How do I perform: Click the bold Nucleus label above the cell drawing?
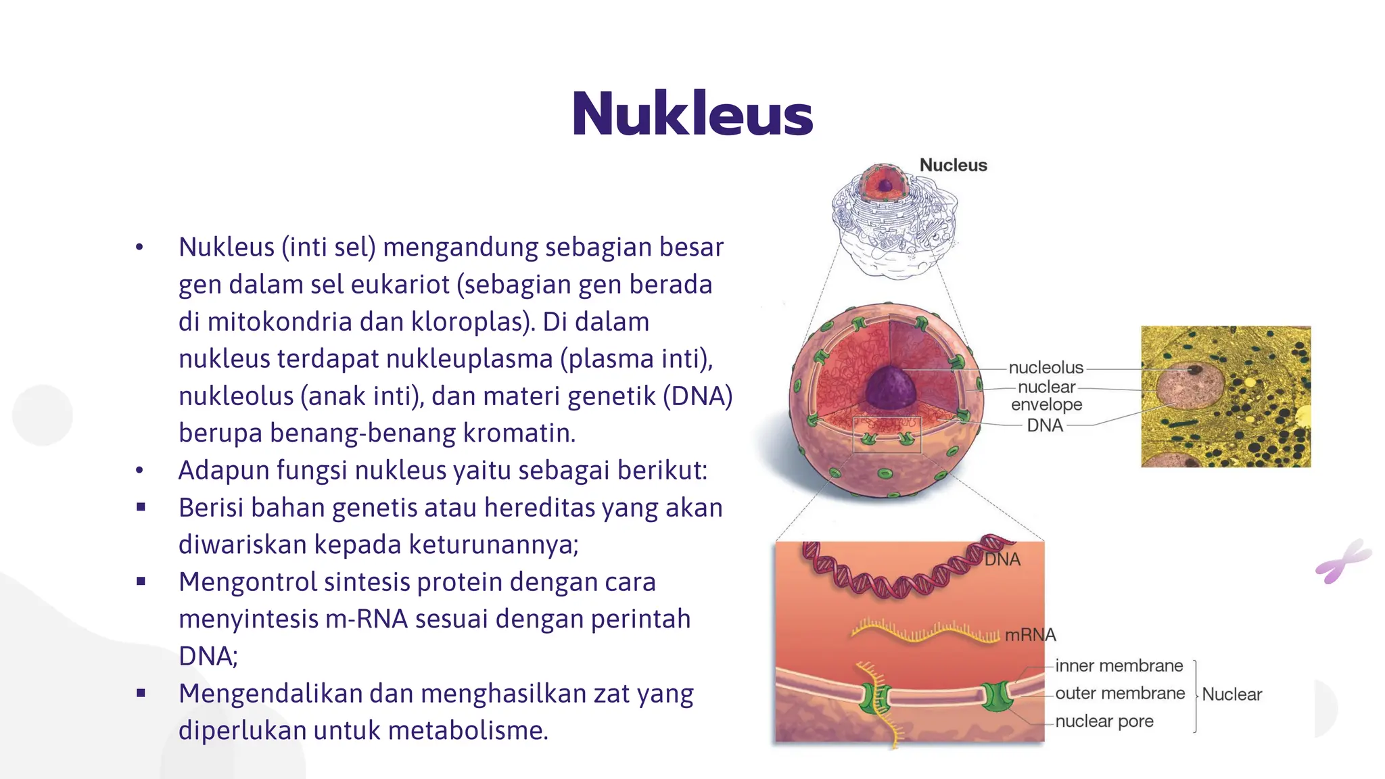coord(953,165)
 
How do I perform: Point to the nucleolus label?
coord(1046,368)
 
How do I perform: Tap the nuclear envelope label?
coord(1046,396)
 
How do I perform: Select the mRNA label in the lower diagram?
coord(1030,635)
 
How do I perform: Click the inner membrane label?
coord(1119,666)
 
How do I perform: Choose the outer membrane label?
coord(1120,694)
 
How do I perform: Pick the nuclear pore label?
coord(1104,722)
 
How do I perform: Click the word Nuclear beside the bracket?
coord(1231,694)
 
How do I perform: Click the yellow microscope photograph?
coord(1225,396)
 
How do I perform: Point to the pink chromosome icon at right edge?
coord(1342,561)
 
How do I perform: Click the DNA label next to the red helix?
coord(1002,560)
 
